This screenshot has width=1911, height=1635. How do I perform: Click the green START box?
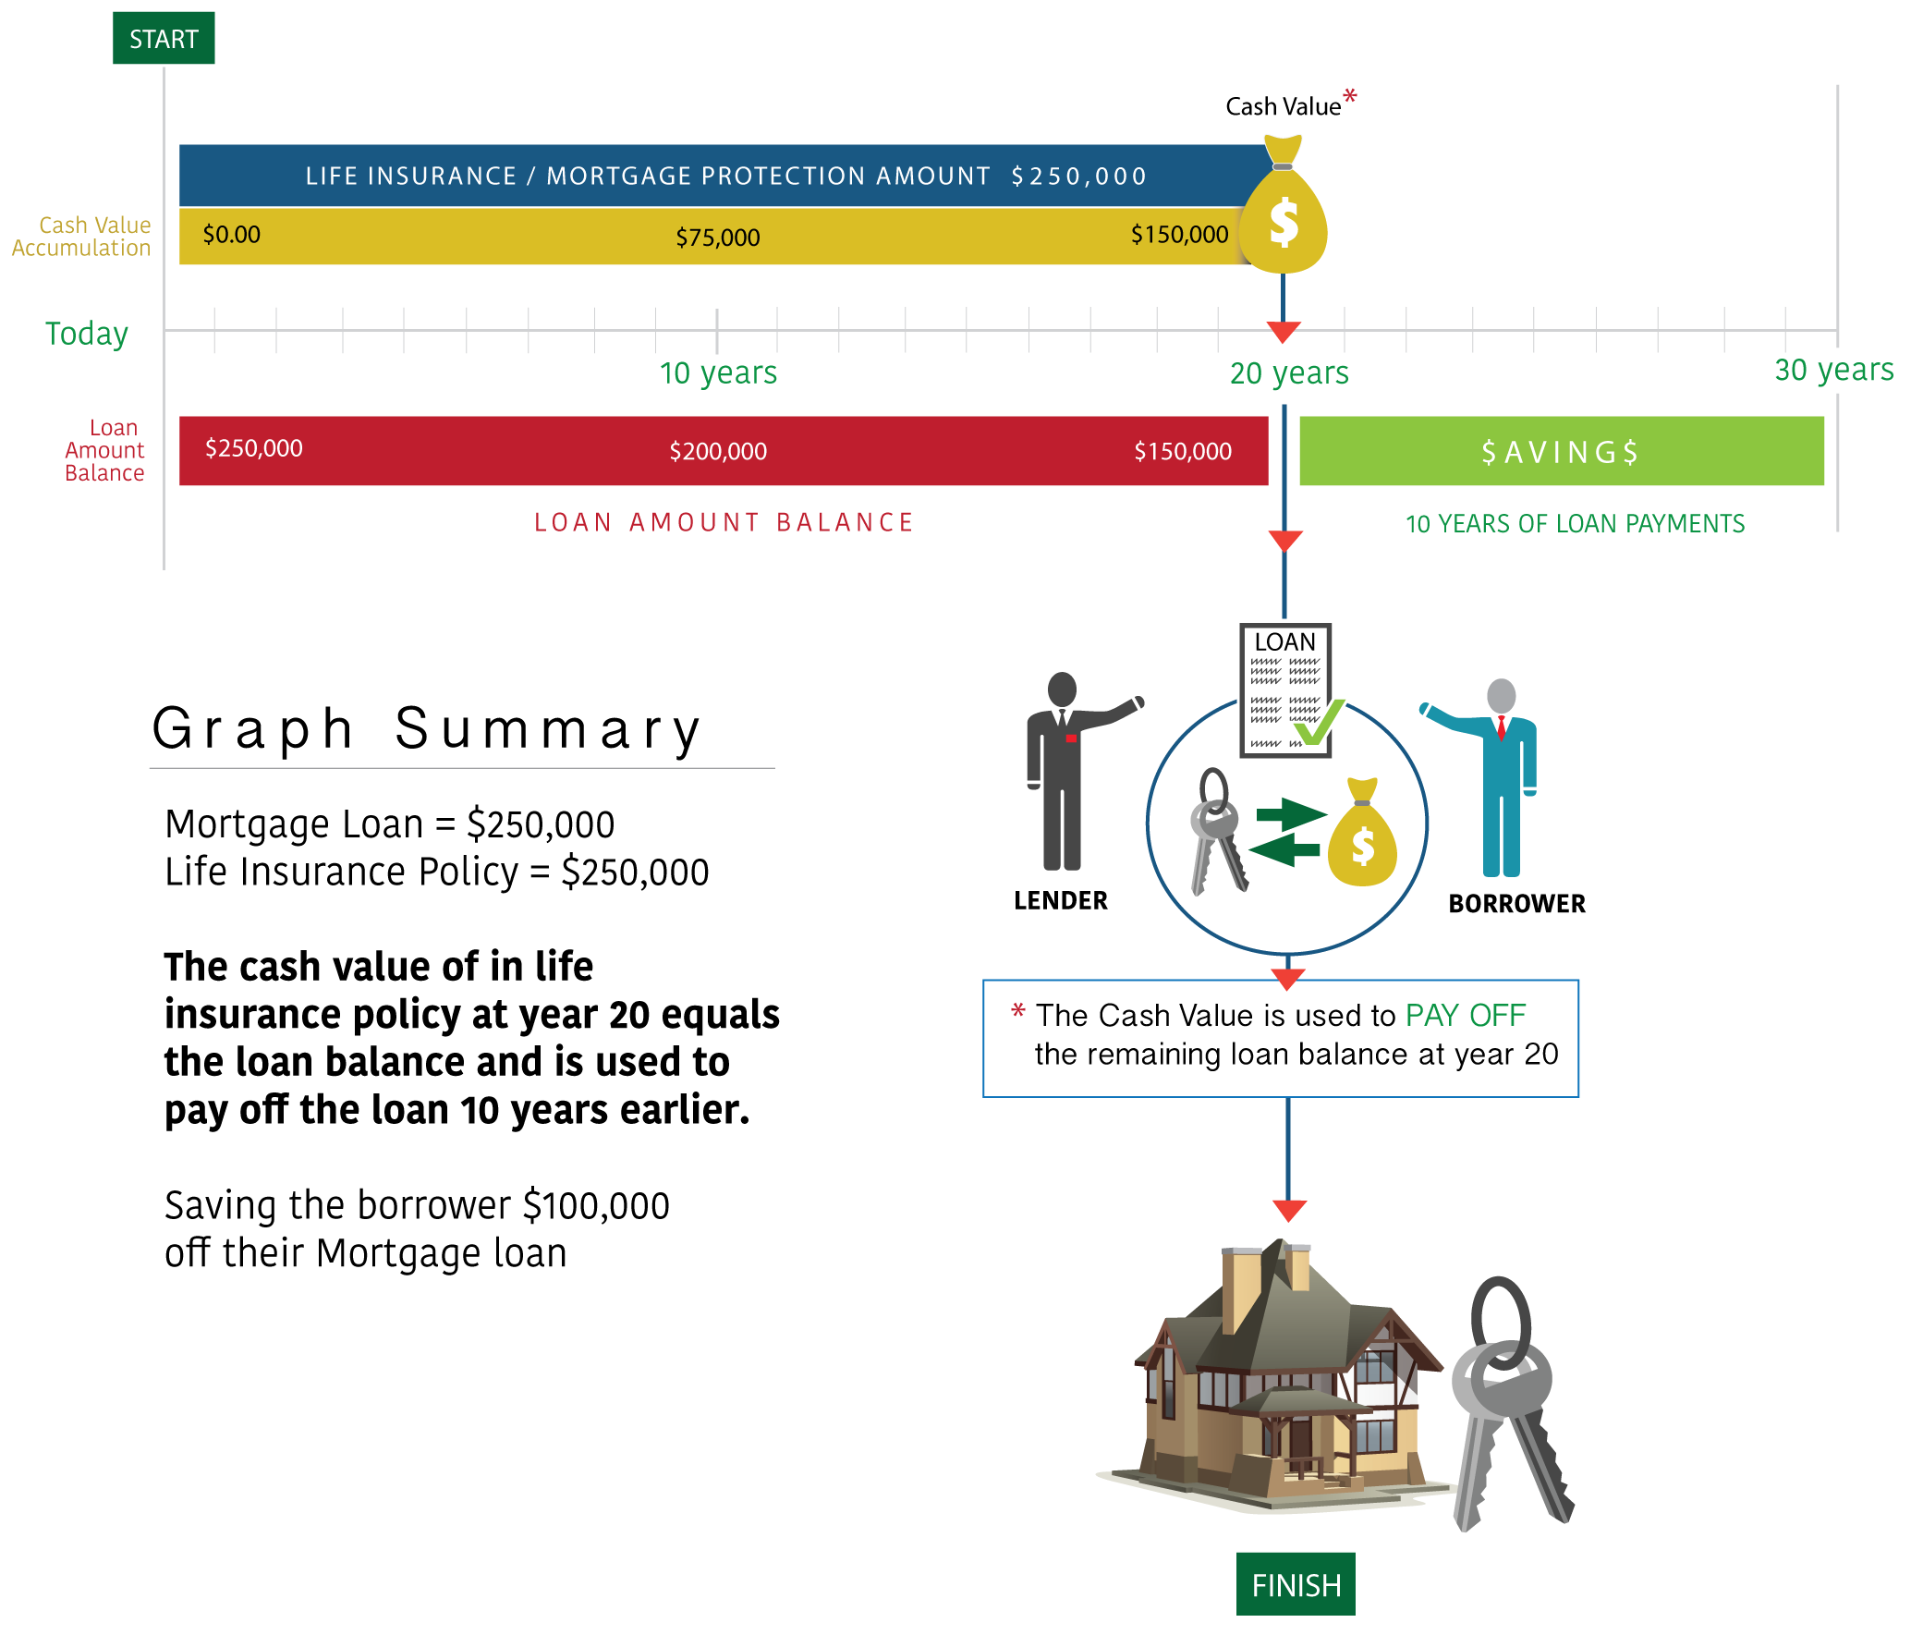(x=164, y=39)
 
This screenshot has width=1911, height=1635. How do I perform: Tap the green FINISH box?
(x=1296, y=1584)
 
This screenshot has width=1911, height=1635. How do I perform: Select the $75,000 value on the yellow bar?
(x=717, y=238)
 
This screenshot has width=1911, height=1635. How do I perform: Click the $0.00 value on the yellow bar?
(x=231, y=235)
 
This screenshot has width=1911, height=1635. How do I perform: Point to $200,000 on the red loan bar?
(x=718, y=452)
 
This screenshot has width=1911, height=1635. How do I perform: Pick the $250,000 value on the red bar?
(x=253, y=448)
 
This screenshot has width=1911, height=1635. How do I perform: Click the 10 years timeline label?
(x=718, y=373)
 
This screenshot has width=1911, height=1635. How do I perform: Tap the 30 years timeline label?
(x=1833, y=370)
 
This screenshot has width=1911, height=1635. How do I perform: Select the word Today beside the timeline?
(x=87, y=334)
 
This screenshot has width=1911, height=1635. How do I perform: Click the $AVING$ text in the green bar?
(x=1560, y=452)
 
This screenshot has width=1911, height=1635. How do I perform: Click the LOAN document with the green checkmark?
(x=1285, y=689)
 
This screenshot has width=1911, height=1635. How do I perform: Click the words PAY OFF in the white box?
(x=1465, y=1016)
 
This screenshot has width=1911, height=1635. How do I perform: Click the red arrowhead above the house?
(x=1288, y=1210)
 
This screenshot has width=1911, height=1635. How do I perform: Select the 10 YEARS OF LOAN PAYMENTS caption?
(x=1575, y=524)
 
